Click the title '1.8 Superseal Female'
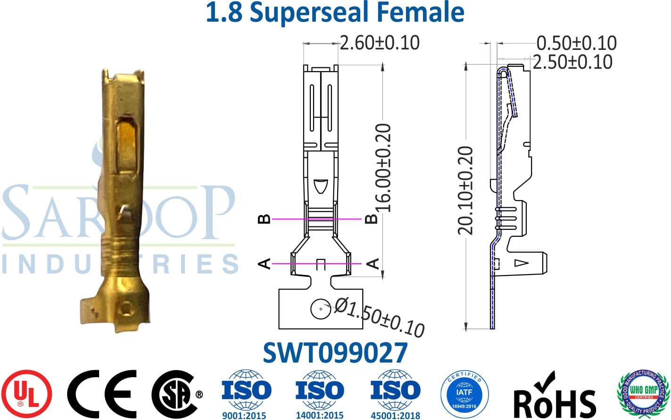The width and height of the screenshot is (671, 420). tap(335, 13)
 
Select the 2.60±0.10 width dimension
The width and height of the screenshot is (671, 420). tap(379, 43)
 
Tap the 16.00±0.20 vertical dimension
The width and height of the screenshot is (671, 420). tap(383, 167)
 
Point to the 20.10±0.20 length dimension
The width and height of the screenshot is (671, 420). tap(466, 191)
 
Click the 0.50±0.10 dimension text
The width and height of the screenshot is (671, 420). tap(576, 43)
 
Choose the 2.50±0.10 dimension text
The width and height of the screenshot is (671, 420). tap(572, 62)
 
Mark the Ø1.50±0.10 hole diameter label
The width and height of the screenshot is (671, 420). tap(380, 319)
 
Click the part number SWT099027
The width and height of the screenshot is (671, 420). tap(335, 353)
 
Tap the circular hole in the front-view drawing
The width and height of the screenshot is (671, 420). tap(320, 308)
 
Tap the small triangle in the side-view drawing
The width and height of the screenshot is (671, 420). tap(522, 263)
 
